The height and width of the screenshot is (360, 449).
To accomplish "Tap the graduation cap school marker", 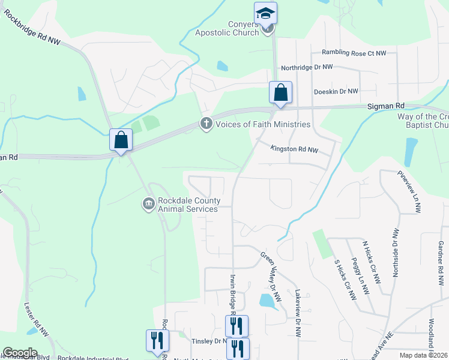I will click(265, 13).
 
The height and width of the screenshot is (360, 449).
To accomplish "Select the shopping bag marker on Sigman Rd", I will click(280, 92).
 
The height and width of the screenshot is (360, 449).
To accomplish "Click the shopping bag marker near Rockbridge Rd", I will click(121, 140).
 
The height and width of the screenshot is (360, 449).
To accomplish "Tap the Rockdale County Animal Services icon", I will click(148, 205).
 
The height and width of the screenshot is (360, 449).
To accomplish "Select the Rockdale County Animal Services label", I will click(188, 205).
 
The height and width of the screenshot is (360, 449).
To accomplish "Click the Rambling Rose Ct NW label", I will click(354, 53).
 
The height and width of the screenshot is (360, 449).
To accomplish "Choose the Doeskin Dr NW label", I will click(336, 91).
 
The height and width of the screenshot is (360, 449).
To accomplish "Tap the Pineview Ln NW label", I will click(409, 191).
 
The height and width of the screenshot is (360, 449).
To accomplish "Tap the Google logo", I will click(20, 353).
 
